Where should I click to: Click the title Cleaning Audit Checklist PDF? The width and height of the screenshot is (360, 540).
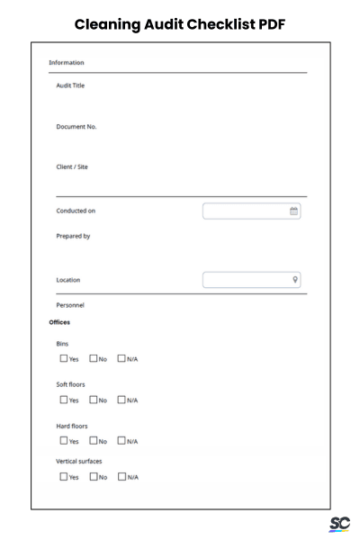click(180, 23)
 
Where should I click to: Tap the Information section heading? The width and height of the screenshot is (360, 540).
click(67, 63)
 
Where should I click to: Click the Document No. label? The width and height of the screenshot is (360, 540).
click(76, 126)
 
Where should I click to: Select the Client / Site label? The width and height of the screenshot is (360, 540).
click(73, 166)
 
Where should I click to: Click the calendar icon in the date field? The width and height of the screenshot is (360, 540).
click(293, 211)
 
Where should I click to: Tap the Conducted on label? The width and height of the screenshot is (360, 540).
click(76, 211)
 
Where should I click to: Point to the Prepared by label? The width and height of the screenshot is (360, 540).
click(74, 237)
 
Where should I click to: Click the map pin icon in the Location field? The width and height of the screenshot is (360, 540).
click(294, 280)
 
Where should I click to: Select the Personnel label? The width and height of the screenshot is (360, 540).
click(71, 305)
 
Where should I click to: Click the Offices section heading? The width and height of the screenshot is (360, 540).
click(59, 321)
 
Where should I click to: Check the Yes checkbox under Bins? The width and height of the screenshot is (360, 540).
click(64, 359)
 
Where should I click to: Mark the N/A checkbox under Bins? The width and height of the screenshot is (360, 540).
click(123, 359)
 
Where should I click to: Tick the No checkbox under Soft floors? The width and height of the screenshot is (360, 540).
click(94, 400)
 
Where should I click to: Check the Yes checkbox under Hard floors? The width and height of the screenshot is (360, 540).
click(64, 440)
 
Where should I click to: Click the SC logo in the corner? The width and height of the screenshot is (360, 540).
click(339, 524)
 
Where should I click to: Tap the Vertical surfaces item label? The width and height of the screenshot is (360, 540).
click(80, 460)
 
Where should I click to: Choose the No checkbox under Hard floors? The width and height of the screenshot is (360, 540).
click(94, 440)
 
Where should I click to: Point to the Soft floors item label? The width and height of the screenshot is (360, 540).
click(70, 384)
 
